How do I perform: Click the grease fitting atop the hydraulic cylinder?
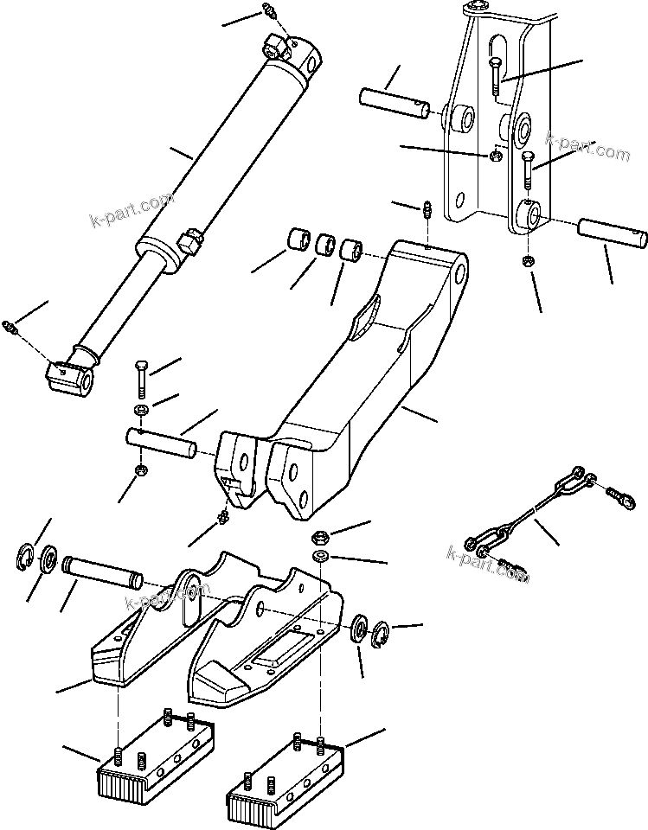point(268,12)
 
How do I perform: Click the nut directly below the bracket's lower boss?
point(527,262)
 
